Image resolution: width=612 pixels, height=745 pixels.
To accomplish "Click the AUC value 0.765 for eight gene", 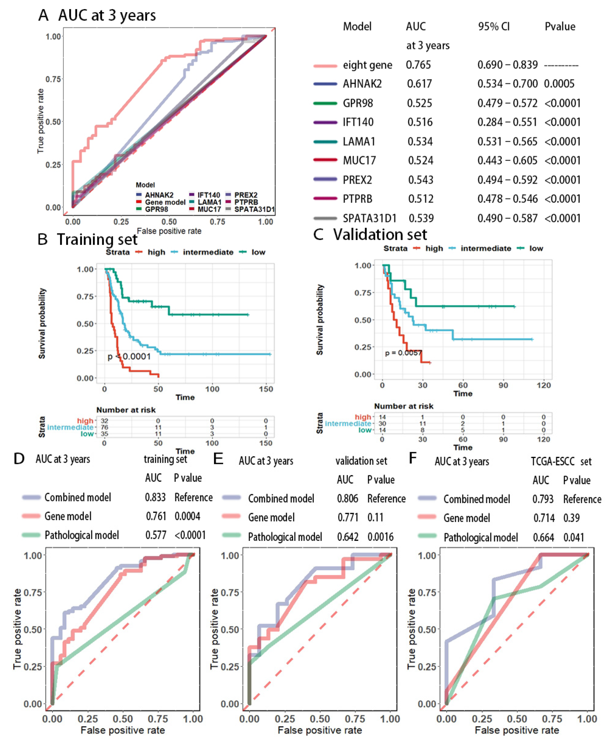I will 418,65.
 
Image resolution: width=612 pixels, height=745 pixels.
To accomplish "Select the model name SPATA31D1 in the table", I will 369,218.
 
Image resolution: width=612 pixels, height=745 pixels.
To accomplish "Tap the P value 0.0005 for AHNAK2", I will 559,84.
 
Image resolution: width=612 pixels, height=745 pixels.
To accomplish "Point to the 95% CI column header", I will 494,27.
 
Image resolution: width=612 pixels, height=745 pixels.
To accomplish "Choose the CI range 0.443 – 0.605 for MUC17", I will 507,161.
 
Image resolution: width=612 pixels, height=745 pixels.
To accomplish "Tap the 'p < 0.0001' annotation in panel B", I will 129,356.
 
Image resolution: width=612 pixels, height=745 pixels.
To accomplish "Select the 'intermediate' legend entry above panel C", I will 485,249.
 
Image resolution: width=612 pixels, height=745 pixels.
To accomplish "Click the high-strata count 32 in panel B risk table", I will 104,421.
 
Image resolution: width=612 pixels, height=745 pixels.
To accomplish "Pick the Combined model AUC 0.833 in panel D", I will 155,497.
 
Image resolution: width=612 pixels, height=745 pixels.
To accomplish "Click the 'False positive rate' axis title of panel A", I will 169,231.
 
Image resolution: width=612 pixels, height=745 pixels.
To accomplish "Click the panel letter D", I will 19,459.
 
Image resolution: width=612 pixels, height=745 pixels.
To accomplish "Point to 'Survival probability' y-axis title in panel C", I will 320,320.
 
